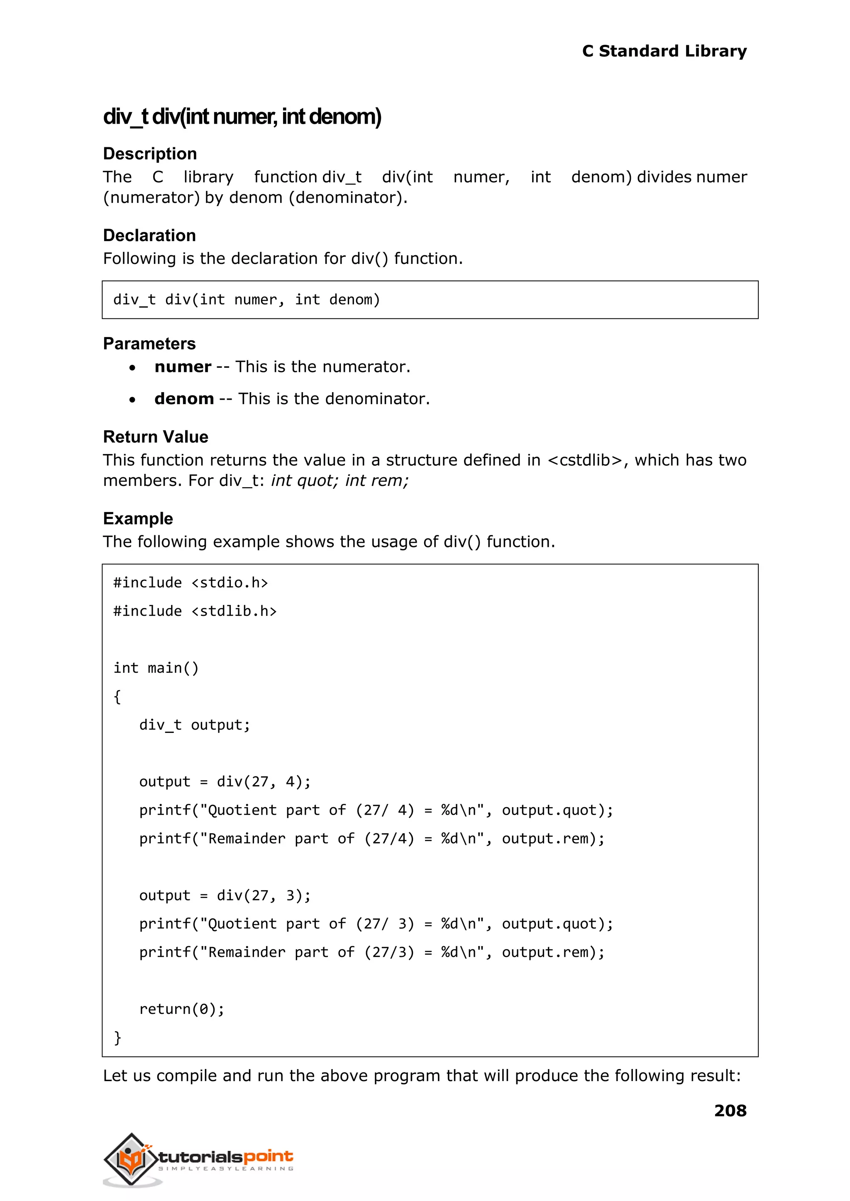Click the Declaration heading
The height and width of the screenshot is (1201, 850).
pos(149,235)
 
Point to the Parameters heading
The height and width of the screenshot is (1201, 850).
pos(149,343)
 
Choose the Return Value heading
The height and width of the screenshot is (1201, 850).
pos(156,437)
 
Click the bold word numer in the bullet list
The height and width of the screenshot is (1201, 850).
pos(183,366)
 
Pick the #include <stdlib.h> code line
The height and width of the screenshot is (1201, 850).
pos(195,611)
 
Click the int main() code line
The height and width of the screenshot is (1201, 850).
pos(156,668)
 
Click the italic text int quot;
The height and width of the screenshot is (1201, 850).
pos(305,481)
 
